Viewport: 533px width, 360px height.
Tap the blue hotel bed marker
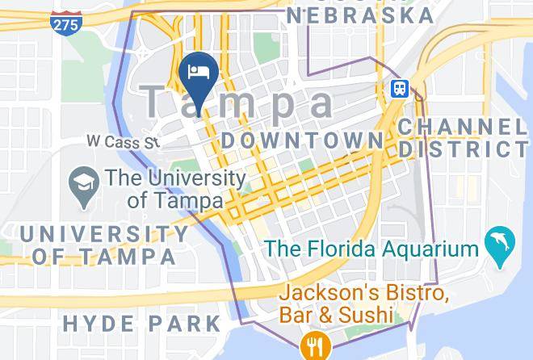click(x=199, y=72)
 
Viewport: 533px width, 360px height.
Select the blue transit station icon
click(x=400, y=89)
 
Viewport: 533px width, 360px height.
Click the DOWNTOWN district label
click(x=302, y=140)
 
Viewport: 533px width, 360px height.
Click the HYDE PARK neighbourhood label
click(x=141, y=324)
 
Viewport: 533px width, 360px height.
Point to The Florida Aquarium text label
click(x=372, y=249)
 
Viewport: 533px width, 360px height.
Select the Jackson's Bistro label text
click(x=363, y=292)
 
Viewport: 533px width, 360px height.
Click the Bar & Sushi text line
click(x=336, y=314)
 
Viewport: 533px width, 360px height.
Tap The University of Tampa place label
click(x=174, y=188)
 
